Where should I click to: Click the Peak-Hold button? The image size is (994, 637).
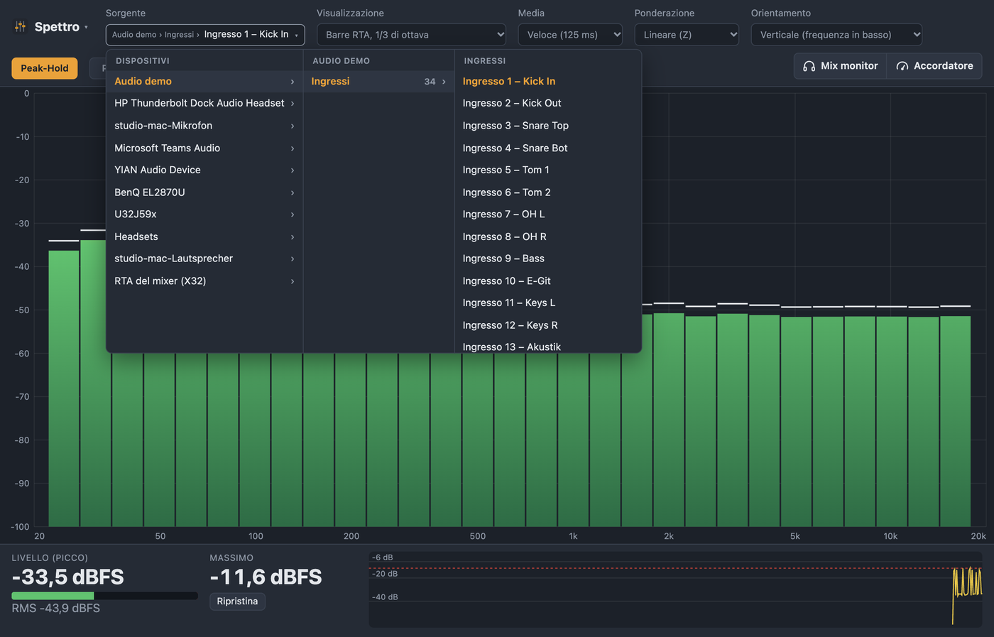pyautogui.click(x=44, y=68)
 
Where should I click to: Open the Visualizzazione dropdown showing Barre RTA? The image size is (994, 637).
pyautogui.click(x=411, y=35)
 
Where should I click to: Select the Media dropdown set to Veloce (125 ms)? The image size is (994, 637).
pyautogui.click(x=569, y=35)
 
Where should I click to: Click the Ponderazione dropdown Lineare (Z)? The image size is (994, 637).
pyautogui.click(x=687, y=35)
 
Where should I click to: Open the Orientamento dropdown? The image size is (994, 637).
pyautogui.click(x=836, y=35)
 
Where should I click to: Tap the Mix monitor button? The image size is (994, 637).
pyautogui.click(x=841, y=66)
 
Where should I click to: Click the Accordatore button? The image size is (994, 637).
pyautogui.click(x=934, y=66)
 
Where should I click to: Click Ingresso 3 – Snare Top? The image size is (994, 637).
pyautogui.click(x=515, y=126)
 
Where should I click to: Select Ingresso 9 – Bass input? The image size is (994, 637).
pyautogui.click(x=503, y=258)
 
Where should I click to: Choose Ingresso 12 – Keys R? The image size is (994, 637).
pyautogui.click(x=510, y=325)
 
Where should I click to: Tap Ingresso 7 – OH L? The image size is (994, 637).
pyautogui.click(x=503, y=214)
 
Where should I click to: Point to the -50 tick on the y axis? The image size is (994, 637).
pyautogui.click(x=22, y=310)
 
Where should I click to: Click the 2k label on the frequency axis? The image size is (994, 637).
pyautogui.click(x=669, y=536)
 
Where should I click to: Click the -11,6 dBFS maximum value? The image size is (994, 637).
pyautogui.click(x=266, y=577)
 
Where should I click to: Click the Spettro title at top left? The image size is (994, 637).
pyautogui.click(x=57, y=27)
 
